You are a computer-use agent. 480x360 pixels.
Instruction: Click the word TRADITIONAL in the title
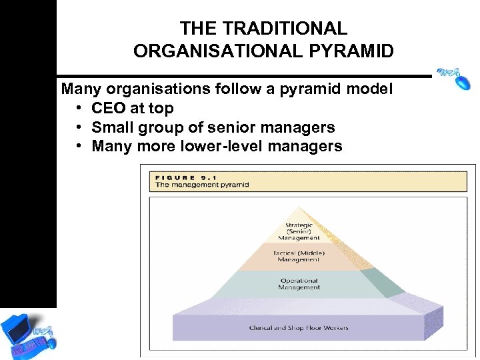tap(285, 29)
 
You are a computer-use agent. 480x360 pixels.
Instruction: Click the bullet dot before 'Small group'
tap(79, 127)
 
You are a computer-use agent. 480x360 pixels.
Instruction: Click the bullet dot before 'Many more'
tap(79, 146)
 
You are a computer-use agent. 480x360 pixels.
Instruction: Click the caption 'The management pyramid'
tap(201, 185)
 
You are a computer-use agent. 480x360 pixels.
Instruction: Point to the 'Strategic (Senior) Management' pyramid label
tap(299, 231)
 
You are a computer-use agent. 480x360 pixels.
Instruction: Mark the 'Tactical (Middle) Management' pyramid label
tap(299, 257)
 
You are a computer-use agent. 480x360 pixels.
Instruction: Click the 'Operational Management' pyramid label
tap(299, 284)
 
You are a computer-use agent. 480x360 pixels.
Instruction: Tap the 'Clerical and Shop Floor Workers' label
tap(298, 327)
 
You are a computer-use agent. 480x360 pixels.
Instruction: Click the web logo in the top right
tap(454, 77)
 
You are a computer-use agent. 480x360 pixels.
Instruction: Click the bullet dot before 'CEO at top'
tap(79, 109)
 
